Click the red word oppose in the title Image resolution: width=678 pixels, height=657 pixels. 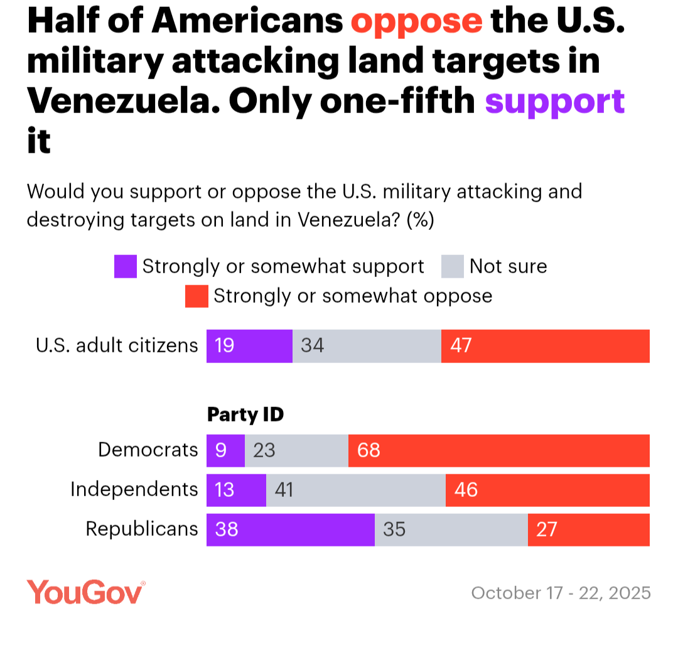pyautogui.click(x=416, y=22)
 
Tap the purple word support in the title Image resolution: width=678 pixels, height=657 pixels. pyautogui.click(x=555, y=102)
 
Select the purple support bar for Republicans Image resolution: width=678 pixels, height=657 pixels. pyautogui.click(x=291, y=529)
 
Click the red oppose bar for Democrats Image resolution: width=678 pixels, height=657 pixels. pyautogui.click(x=499, y=450)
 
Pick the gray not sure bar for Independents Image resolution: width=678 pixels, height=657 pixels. pyautogui.click(x=356, y=490)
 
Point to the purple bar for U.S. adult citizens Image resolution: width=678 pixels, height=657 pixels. pyautogui.click(x=249, y=345)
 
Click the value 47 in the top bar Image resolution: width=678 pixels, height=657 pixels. pyautogui.click(x=461, y=345)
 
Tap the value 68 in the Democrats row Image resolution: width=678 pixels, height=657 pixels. pyautogui.click(x=369, y=450)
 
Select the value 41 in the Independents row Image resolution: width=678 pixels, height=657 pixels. pyautogui.click(x=284, y=490)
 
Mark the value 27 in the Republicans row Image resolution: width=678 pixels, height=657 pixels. pyautogui.click(x=547, y=529)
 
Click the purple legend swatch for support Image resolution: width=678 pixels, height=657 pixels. pyautogui.click(x=125, y=266)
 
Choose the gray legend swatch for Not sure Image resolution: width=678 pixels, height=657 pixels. pyautogui.click(x=452, y=266)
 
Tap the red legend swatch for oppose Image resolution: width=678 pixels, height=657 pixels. pyautogui.click(x=196, y=296)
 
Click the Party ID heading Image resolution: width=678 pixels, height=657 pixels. pyautogui.click(x=245, y=415)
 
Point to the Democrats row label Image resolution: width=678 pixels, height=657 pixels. pyautogui.click(x=148, y=450)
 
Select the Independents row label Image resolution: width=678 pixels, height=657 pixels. pyautogui.click(x=134, y=489)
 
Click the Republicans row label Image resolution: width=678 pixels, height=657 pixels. pyautogui.click(x=142, y=529)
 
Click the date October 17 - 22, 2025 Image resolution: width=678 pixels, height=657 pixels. pyautogui.click(x=561, y=593)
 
